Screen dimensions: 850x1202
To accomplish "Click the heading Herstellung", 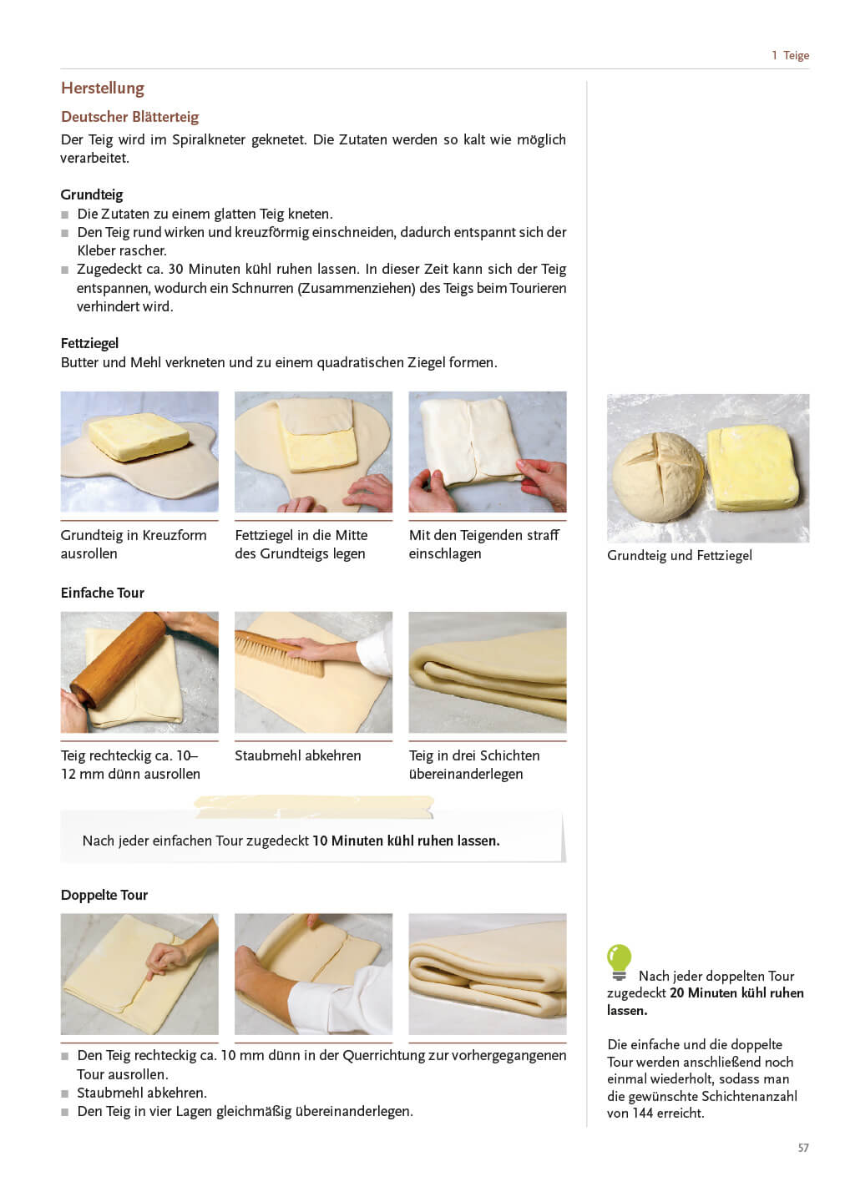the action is pyautogui.click(x=103, y=88).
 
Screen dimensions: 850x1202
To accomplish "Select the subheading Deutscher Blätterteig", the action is pyautogui.click(x=130, y=117).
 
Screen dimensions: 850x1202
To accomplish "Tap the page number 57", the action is pyautogui.click(x=802, y=1147).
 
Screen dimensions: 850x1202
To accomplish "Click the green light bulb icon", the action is pyautogui.click(x=619, y=962).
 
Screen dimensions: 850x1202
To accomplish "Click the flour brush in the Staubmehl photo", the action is pyautogui.click(x=279, y=651).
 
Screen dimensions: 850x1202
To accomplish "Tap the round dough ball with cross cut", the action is pyautogui.click(x=658, y=477).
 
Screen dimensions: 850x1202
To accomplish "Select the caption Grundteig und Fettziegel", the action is pyautogui.click(x=680, y=555).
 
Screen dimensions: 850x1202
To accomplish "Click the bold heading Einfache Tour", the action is pyautogui.click(x=103, y=593).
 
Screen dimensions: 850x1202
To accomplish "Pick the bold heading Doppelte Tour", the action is pyautogui.click(x=104, y=895).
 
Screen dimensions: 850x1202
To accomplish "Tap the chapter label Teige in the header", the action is pyautogui.click(x=796, y=55).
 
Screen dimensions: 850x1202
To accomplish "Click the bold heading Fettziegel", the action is pyautogui.click(x=89, y=343).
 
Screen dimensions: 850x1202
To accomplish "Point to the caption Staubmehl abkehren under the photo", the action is pyautogui.click(x=298, y=755).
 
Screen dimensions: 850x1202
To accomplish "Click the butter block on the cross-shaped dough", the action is pyautogui.click(x=139, y=437).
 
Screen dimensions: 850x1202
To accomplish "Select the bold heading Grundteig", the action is pyautogui.click(x=92, y=194).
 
